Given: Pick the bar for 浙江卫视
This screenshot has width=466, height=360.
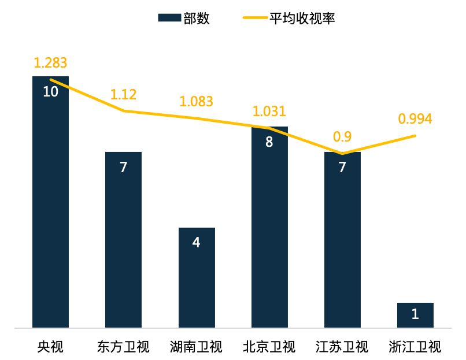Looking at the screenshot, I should coord(415,316).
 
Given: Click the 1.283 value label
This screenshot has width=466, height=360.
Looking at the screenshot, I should coord(50,62).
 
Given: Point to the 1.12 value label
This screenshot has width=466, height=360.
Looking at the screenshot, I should coord(123,94).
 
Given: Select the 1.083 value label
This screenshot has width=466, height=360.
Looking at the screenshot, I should coord(196,102).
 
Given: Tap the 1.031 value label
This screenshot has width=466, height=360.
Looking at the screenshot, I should coord(269,112).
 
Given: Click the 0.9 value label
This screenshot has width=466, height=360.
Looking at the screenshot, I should coord(342,137).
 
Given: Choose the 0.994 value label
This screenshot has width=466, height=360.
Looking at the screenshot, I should coord(415,119).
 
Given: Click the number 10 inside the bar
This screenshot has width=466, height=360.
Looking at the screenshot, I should coord(50,91).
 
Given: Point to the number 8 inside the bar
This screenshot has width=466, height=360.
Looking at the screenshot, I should coord(269,142).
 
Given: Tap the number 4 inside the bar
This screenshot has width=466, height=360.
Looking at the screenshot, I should coord(197,243).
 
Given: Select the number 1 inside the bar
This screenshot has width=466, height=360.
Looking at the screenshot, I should coord(415,314).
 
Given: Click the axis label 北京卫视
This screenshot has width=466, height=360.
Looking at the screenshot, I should coord(269,347).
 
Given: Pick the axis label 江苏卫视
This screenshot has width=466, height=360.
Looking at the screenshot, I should coord(342,347).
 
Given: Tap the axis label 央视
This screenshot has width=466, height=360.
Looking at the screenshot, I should coord(50,347).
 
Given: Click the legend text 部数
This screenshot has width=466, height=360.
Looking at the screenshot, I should coord(197,18).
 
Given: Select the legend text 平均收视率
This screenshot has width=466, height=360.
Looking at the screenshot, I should coord(301,18).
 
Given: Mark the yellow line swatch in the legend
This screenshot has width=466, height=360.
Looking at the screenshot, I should coord(254,18).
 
